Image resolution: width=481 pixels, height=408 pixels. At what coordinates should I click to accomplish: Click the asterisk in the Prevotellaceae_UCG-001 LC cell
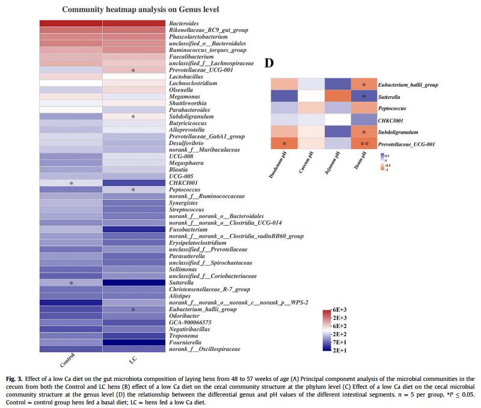[x=133, y=70]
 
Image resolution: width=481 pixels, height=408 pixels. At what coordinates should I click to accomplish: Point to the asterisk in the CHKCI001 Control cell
[x=71, y=182]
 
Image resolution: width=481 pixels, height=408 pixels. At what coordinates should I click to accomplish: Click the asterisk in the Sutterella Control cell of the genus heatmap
[x=71, y=282]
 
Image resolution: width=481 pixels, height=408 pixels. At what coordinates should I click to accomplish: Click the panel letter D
[x=270, y=63]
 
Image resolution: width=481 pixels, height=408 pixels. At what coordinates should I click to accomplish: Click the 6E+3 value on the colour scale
[x=341, y=309]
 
